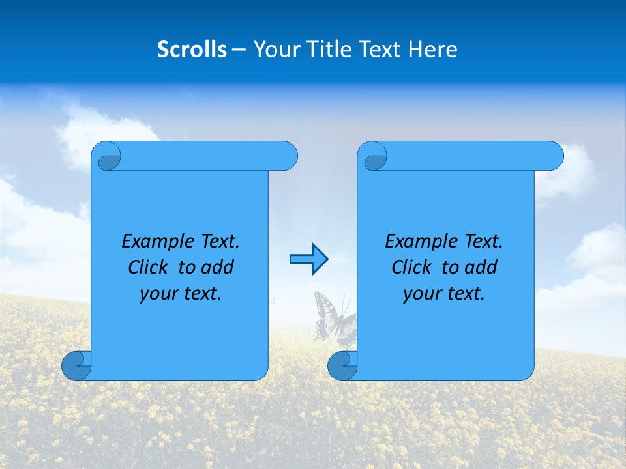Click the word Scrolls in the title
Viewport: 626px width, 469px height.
[192, 50]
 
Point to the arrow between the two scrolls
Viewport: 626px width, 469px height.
[308, 259]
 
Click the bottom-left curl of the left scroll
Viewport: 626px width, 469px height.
[76, 365]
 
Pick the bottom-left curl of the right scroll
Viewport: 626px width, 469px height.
[342, 365]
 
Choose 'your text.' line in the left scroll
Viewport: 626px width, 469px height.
[181, 294]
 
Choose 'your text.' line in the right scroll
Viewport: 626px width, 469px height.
[444, 294]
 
